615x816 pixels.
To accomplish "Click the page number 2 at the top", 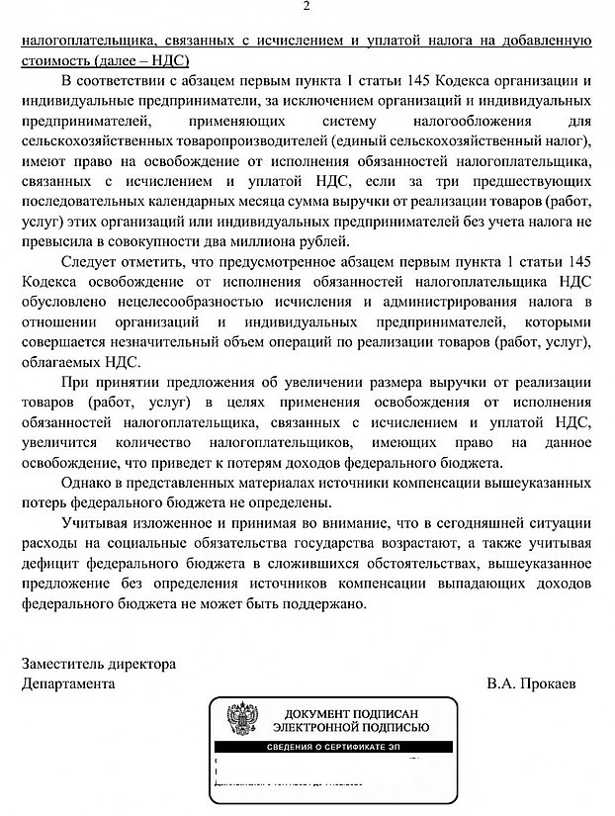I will pos(307,9).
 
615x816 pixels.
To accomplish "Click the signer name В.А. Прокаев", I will pos(537,683).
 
